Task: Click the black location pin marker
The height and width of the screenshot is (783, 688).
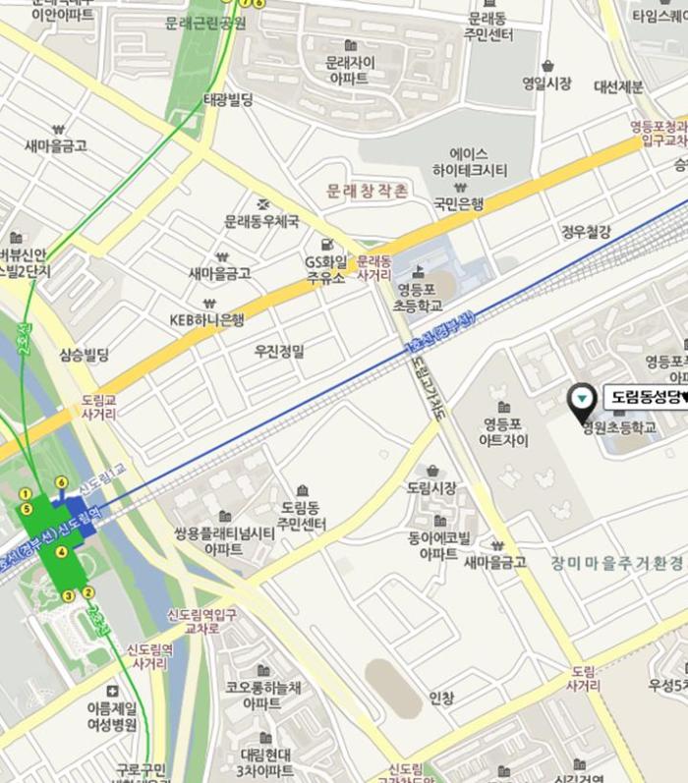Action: tap(582, 399)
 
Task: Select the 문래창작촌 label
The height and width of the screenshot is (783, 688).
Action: tap(367, 190)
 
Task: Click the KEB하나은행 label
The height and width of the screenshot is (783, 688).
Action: tap(207, 319)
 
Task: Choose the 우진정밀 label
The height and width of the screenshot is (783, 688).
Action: tap(280, 351)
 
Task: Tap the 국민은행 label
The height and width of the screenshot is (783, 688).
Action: tap(459, 204)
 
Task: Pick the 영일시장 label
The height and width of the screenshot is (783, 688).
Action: tap(546, 84)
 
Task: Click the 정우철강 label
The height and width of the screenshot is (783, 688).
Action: tap(587, 232)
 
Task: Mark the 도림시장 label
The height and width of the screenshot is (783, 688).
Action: tap(431, 487)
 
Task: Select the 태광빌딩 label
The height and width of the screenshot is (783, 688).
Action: tap(228, 100)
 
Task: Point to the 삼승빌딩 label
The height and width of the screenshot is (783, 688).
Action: tap(85, 355)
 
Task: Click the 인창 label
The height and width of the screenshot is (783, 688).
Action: tap(441, 699)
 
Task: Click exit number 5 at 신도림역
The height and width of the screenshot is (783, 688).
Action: tap(27, 509)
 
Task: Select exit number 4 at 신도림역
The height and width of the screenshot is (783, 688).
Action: tap(61, 552)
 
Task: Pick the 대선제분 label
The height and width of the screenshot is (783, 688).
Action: tap(618, 86)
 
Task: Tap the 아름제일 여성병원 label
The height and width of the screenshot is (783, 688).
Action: tap(112, 716)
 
